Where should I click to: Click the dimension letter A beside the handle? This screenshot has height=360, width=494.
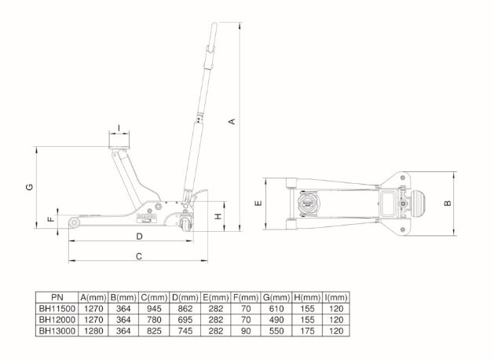(231, 122)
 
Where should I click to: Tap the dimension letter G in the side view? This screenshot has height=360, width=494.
(29, 187)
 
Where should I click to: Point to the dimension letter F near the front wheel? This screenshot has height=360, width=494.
(50, 219)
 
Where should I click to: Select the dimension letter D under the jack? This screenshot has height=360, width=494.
(138, 236)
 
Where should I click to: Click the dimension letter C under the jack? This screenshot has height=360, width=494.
(138, 256)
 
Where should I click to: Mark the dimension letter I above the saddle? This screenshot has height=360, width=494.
(119, 127)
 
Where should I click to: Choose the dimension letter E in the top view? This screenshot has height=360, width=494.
(258, 203)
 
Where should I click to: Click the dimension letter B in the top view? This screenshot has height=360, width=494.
(448, 202)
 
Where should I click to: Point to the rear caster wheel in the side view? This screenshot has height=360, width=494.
(186, 226)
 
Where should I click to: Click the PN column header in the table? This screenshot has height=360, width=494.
(57, 298)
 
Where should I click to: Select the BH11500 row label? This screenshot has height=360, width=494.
(57, 309)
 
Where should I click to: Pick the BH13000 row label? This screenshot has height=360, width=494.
(57, 331)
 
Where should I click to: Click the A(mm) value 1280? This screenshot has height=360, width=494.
(93, 331)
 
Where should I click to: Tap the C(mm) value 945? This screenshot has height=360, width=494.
(153, 309)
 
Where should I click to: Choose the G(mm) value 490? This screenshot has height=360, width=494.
(276, 320)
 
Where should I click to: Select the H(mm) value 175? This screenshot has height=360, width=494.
(306, 331)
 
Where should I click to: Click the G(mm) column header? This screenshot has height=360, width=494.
(276, 298)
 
